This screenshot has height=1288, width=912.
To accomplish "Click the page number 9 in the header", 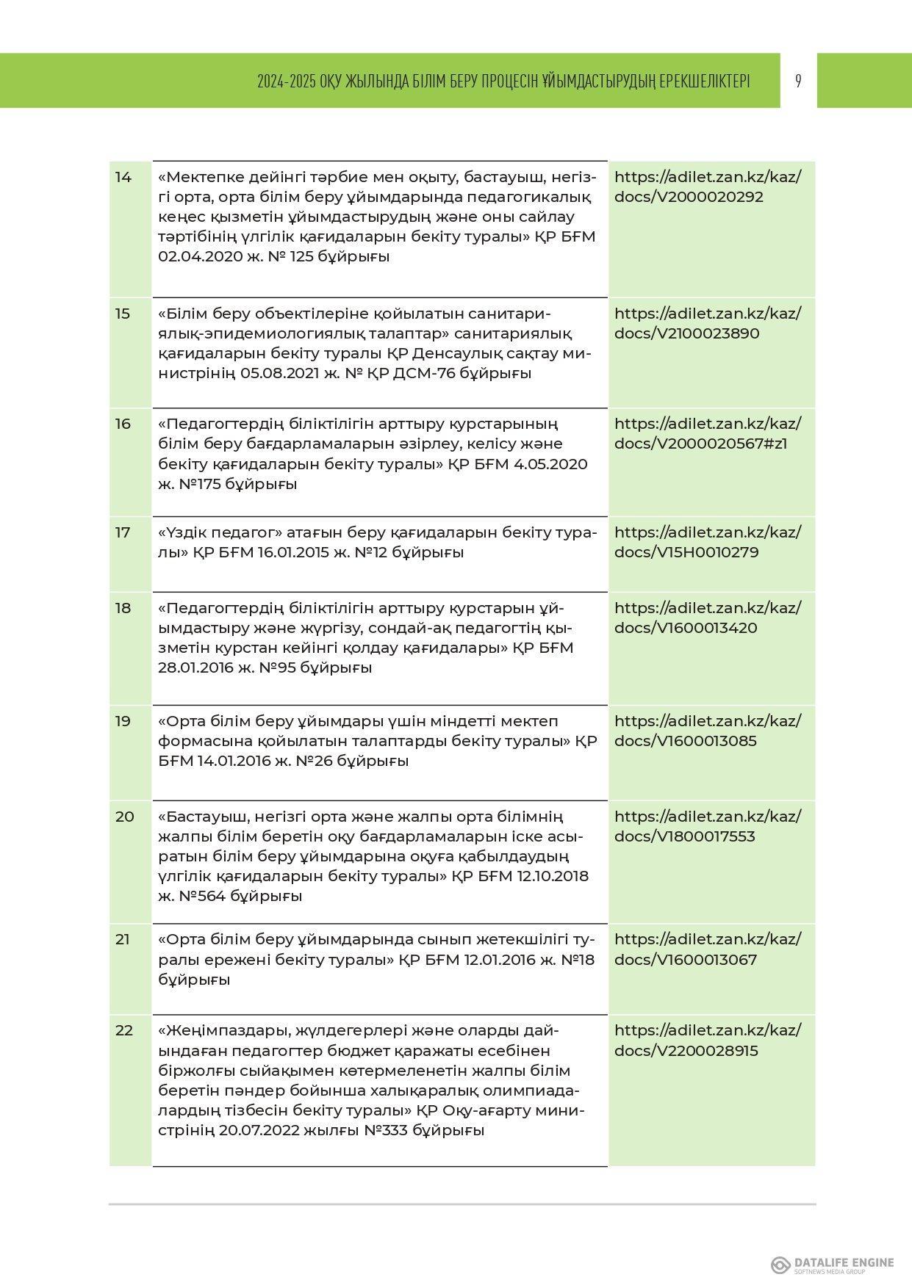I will pos(798,81).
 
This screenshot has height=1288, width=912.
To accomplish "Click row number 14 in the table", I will pos(123,177).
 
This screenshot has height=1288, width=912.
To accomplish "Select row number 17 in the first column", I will pos(123,532).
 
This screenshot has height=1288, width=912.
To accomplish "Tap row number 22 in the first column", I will pos(124,1030).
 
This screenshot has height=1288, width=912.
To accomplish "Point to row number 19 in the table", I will pos(123,721).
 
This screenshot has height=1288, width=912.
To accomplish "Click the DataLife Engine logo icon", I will pos(780,1265).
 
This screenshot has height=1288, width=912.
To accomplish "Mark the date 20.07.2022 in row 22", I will pos(259,1131).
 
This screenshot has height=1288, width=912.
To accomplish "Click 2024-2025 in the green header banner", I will pos(286,82).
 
